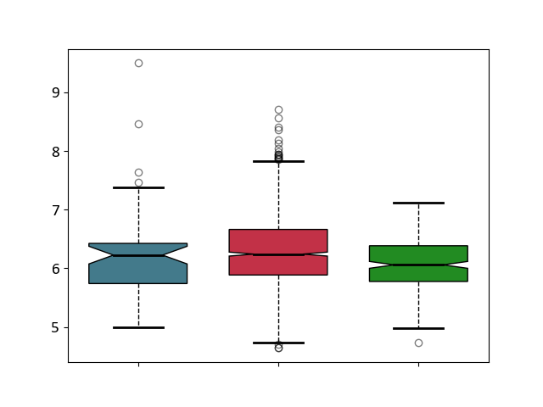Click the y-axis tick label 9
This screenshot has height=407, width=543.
[56, 92]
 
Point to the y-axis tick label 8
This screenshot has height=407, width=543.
[56, 151]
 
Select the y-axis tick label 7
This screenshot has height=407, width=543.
[56, 209]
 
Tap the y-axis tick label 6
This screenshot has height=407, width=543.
[56, 269]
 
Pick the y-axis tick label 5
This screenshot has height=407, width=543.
[56, 327]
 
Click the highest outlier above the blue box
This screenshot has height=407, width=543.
[138, 63]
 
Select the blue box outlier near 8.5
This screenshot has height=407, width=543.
[138, 124]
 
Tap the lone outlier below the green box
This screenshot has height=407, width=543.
[418, 343]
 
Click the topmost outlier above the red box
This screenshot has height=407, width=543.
[278, 109]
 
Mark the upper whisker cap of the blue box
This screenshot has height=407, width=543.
[138, 187]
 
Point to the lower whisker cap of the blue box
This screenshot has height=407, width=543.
[138, 327]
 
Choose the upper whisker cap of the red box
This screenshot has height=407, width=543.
[278, 161]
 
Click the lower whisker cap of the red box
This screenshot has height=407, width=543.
[278, 343]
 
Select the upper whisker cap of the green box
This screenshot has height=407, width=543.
[418, 203]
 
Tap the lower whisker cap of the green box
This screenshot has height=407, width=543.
[418, 328]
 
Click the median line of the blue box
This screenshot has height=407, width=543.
[138, 255]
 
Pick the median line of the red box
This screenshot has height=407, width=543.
[278, 254]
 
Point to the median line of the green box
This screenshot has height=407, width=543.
[418, 265]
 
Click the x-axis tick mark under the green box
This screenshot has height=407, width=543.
[418, 365]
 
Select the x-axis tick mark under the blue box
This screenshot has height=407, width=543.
[138, 365]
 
